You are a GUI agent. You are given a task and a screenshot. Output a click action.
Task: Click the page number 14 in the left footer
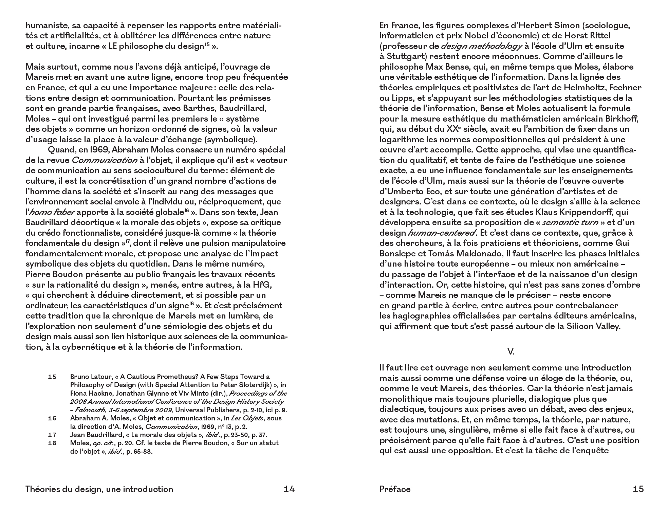[x=289, y=489]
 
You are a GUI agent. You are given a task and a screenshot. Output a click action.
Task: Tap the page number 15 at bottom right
[x=638, y=489]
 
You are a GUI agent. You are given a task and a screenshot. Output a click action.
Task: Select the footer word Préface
[x=395, y=489]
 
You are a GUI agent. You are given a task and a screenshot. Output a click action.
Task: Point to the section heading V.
[x=511, y=352]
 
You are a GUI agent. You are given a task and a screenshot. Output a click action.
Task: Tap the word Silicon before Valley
[x=581, y=326]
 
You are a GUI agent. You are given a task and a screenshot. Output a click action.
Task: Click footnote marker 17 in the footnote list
[x=52, y=435]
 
